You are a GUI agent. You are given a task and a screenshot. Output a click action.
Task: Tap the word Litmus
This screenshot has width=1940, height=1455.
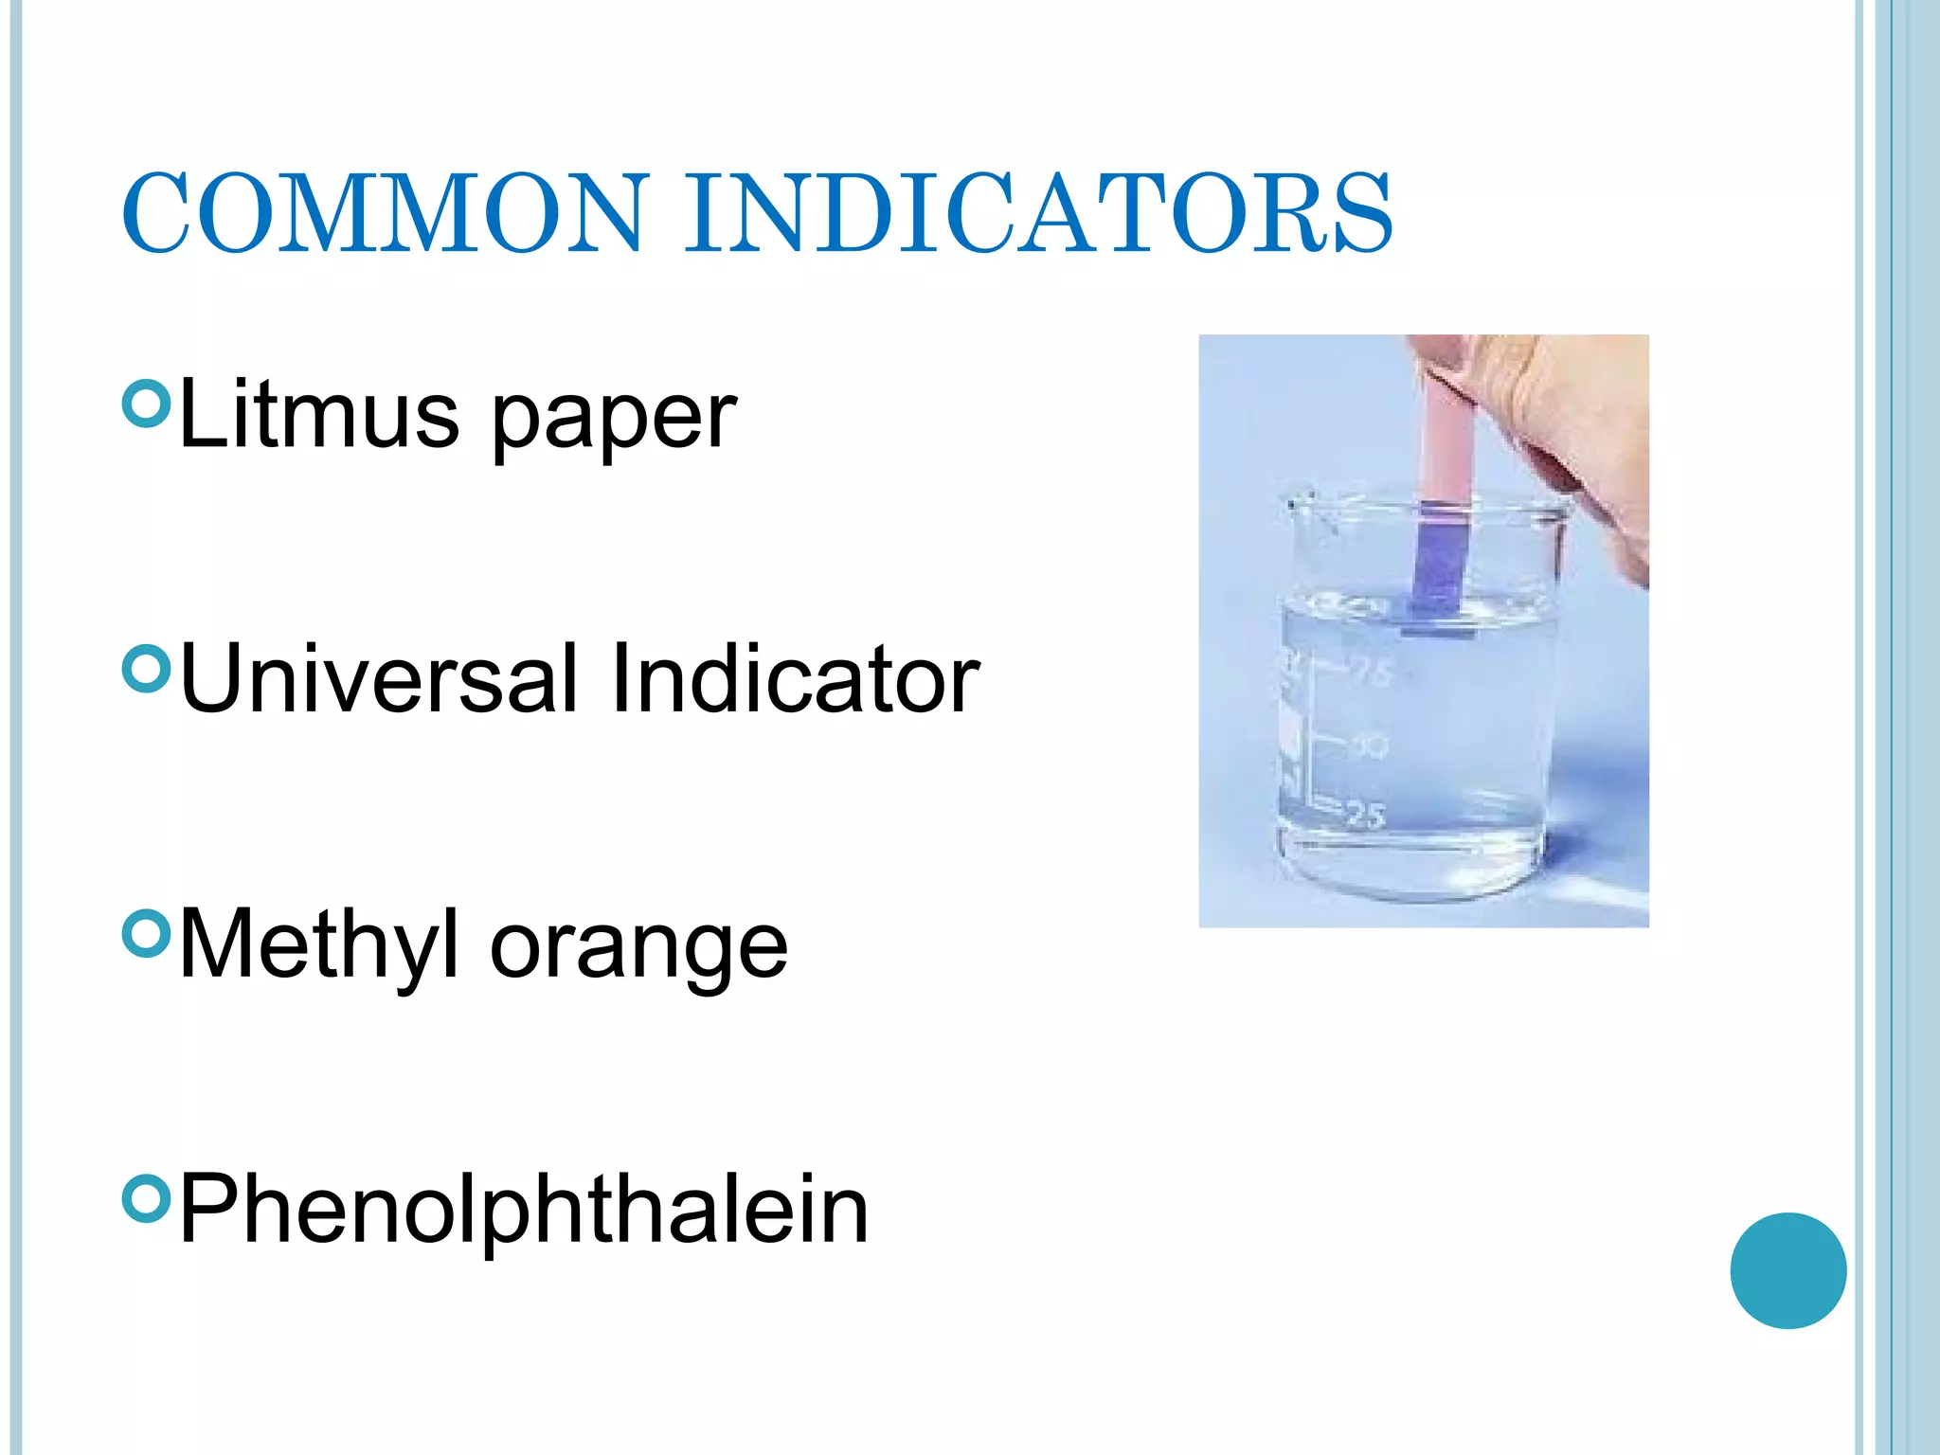[x=318, y=414]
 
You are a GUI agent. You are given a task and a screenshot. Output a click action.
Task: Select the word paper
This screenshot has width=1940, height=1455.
[x=613, y=420]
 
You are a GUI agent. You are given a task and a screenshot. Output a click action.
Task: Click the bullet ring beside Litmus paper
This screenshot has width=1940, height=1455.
[x=146, y=404]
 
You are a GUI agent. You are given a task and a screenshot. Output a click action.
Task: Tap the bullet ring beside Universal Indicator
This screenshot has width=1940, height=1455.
[x=146, y=669]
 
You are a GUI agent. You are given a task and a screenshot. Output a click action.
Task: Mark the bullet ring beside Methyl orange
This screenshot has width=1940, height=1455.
[x=146, y=934]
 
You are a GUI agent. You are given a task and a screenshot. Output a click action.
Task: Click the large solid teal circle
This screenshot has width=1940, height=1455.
[x=1787, y=1270]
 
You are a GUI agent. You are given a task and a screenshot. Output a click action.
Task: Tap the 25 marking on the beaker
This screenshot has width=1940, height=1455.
[x=1365, y=815]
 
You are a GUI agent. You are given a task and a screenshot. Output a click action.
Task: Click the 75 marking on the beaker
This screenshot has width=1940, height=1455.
[x=1373, y=673]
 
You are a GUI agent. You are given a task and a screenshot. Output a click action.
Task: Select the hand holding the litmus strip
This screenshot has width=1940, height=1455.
[x=1554, y=426]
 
